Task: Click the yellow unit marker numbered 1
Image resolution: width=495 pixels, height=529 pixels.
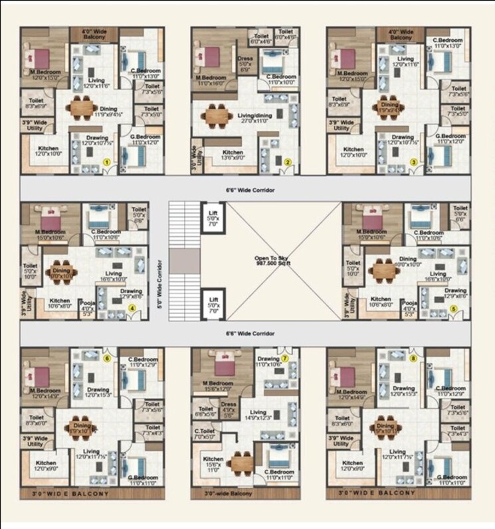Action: (106, 161)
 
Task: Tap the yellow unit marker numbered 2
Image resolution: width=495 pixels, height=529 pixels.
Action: (288, 161)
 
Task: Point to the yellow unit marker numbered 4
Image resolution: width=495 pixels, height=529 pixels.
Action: (133, 308)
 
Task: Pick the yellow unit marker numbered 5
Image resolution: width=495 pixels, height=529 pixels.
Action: (454, 308)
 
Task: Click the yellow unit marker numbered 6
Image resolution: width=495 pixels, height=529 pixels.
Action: (106, 358)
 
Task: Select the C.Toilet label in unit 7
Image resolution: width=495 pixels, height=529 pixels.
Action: (203, 433)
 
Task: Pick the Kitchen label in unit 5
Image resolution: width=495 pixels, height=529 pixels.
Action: (380, 302)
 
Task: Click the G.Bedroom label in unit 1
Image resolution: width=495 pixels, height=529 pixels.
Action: (144, 139)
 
